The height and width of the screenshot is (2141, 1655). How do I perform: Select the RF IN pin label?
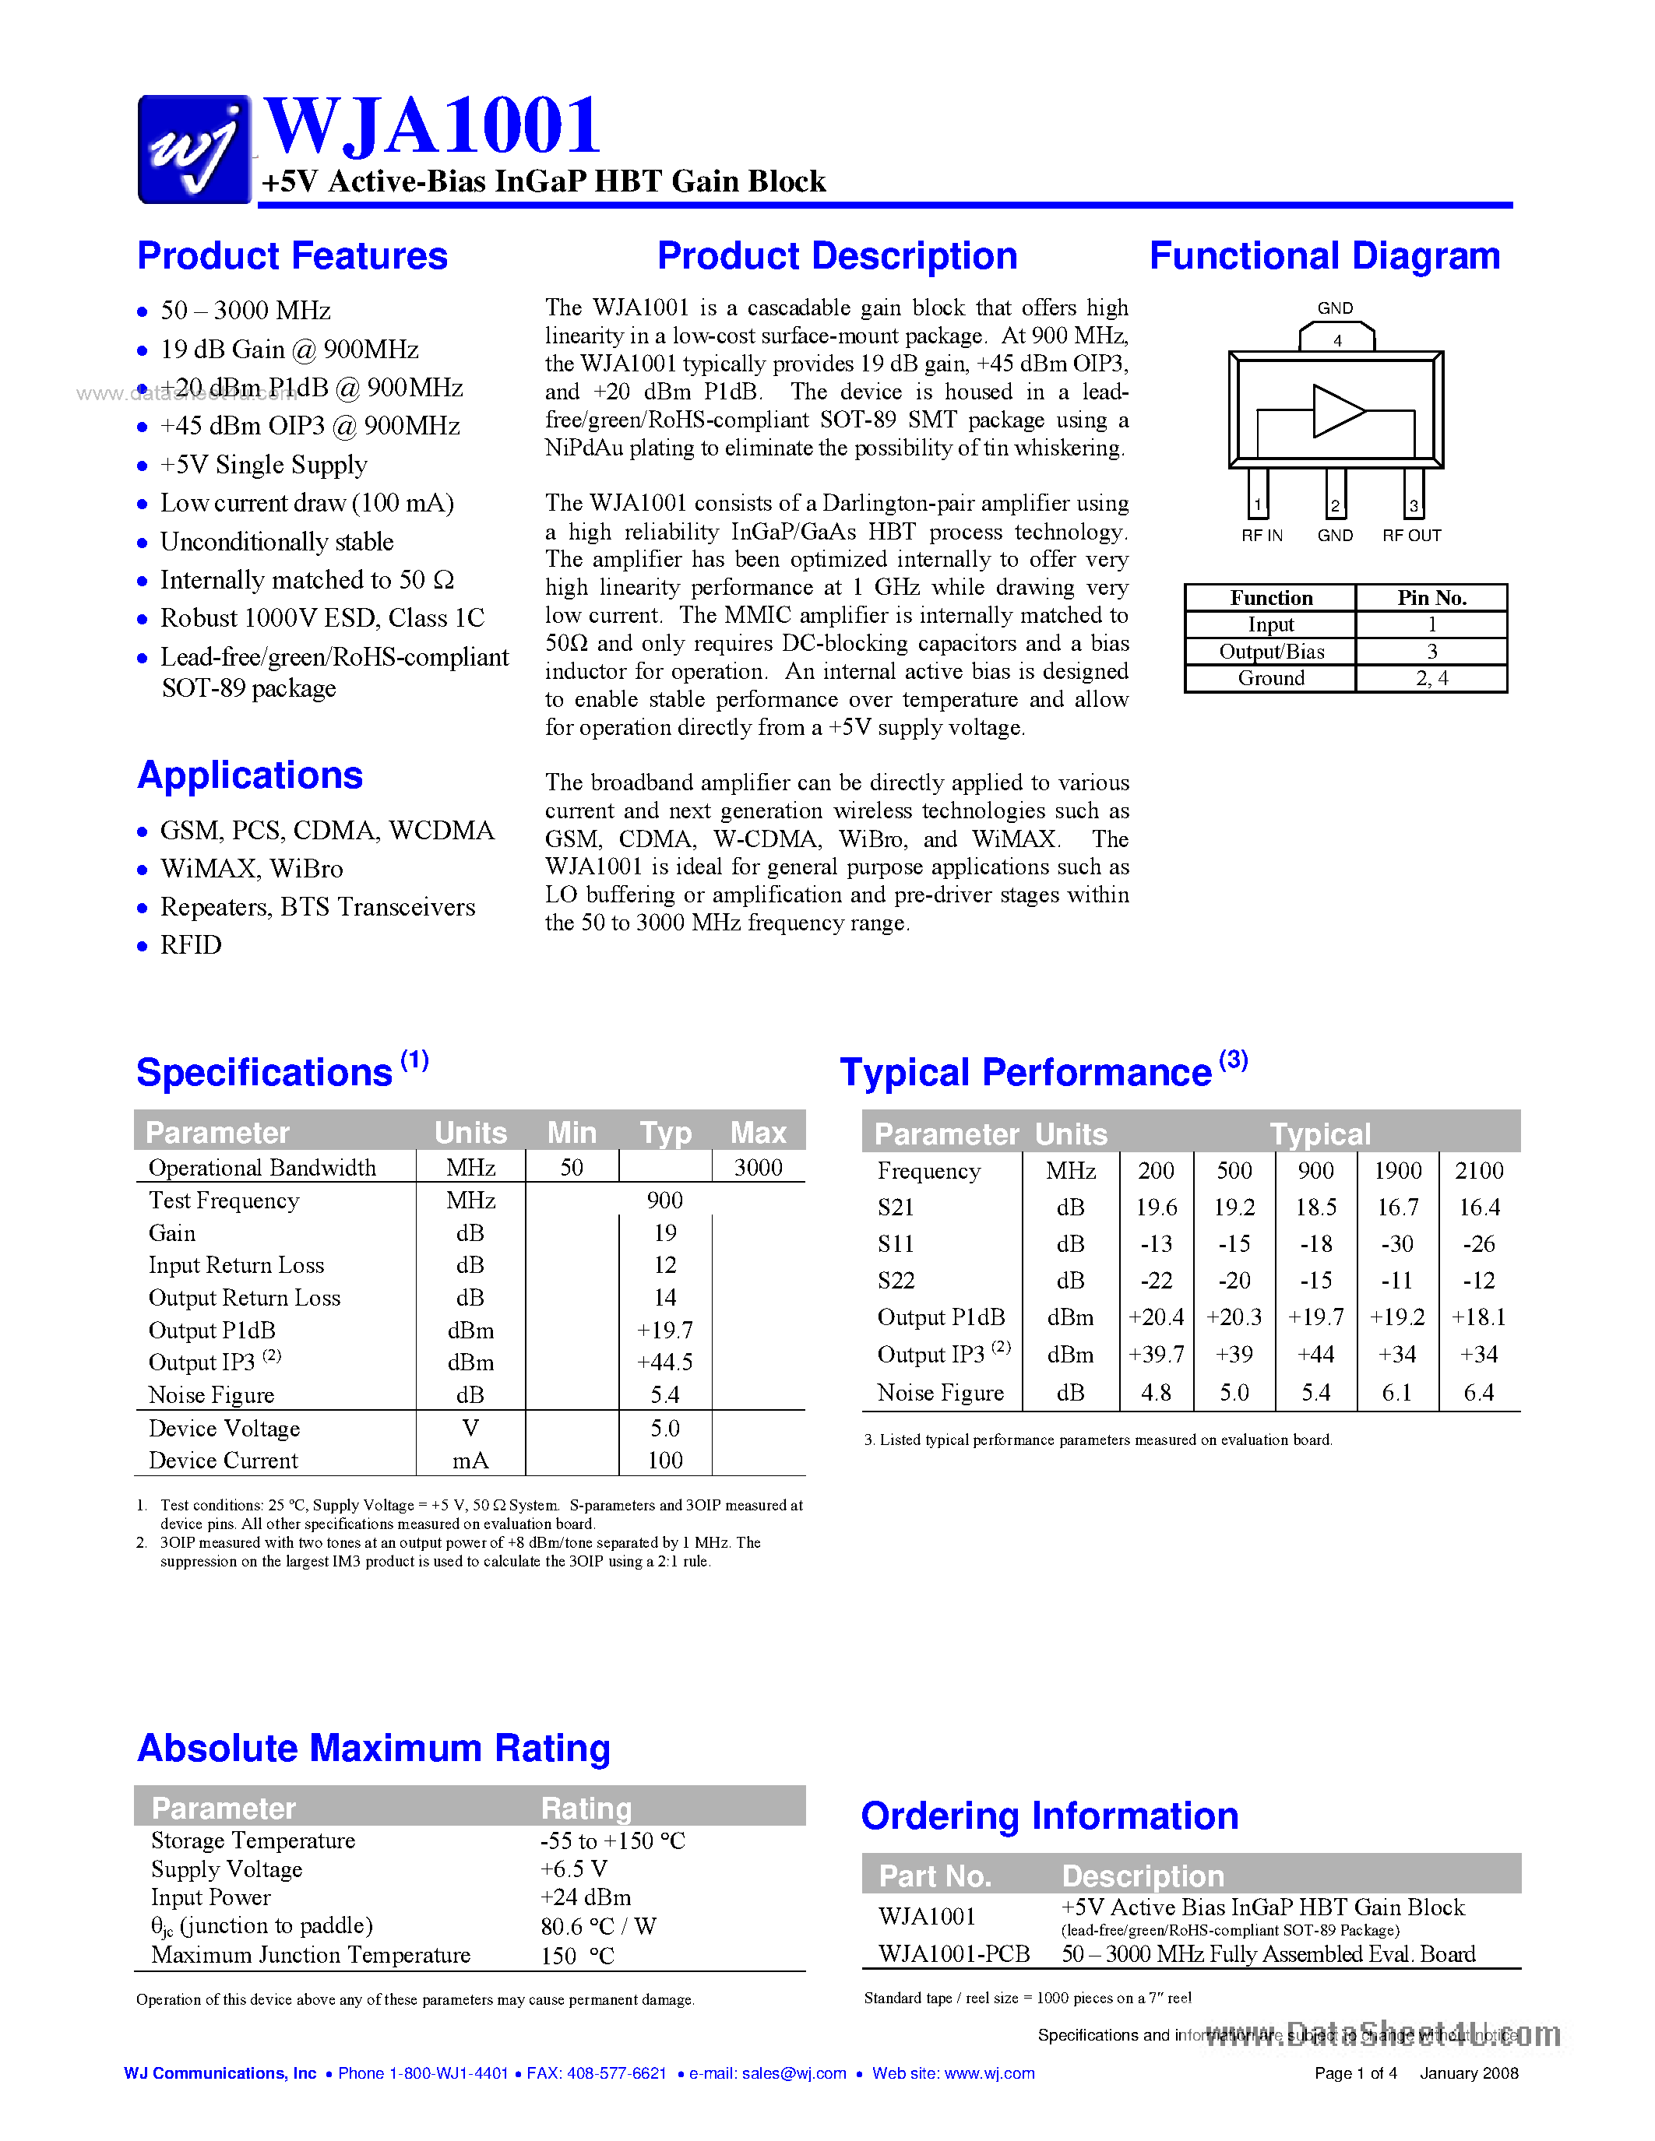click(1262, 536)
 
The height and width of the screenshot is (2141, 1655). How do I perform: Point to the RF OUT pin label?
click(1412, 536)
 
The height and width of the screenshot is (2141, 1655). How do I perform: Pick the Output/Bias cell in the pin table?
click(1271, 652)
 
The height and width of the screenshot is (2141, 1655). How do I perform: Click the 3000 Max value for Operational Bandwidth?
click(758, 1168)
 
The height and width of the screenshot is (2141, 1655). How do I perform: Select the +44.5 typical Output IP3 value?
click(665, 1362)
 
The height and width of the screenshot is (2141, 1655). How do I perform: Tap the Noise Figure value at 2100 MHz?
click(1478, 1393)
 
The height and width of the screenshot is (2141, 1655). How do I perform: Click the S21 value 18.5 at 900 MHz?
click(1315, 1208)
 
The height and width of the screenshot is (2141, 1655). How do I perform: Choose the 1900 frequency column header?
click(1397, 1170)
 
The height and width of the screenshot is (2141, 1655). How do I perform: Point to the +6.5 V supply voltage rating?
click(573, 1869)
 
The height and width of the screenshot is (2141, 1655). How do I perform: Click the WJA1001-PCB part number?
click(954, 1954)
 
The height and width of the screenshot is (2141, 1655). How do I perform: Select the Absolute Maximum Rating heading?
click(374, 1749)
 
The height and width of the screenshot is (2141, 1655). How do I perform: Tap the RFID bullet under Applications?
click(191, 945)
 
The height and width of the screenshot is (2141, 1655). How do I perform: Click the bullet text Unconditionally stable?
click(276, 542)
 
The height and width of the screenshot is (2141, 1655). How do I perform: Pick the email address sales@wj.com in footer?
click(794, 2073)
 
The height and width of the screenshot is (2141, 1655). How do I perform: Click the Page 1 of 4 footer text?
click(1355, 2073)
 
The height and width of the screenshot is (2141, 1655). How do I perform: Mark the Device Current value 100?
click(665, 1461)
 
